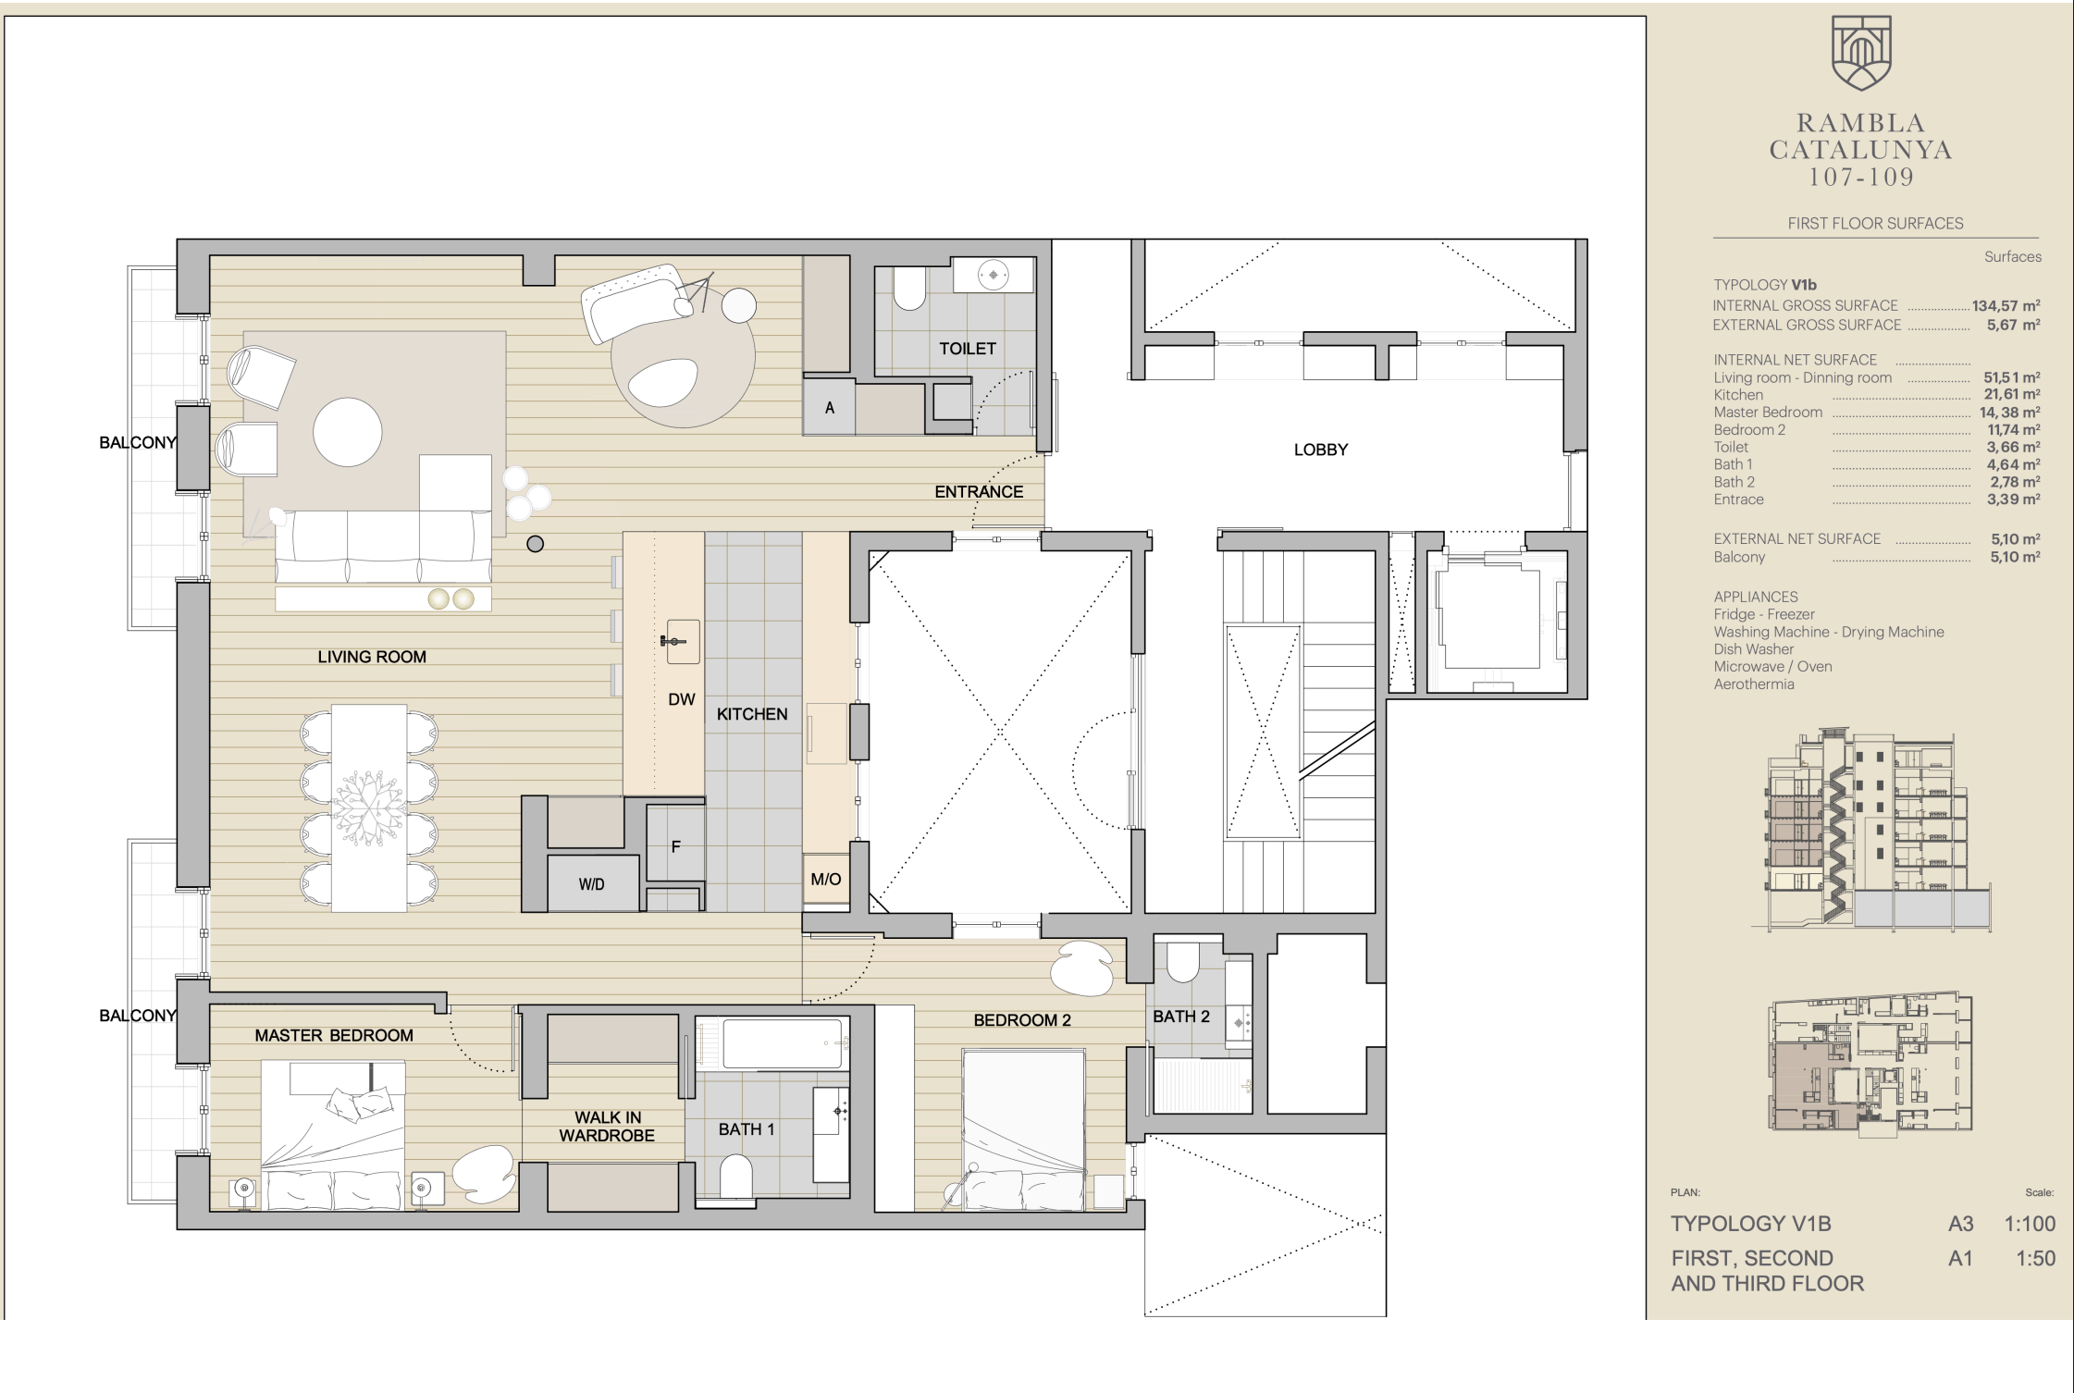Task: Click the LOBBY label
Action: coord(1320,450)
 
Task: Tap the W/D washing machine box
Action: coord(593,883)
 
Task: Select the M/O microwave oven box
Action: coord(826,879)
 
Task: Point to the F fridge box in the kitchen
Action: coord(675,844)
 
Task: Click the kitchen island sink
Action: coord(683,642)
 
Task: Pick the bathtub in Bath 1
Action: coord(784,1043)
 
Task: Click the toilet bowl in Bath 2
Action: coord(1182,963)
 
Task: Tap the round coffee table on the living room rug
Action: coord(347,432)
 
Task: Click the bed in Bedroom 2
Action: coord(1023,1129)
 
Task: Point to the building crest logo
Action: coord(1861,53)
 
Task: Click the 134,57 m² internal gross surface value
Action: coord(2006,306)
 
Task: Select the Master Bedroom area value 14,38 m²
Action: coord(2010,413)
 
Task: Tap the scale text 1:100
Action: coord(2030,1224)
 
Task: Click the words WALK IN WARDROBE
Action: coord(607,1127)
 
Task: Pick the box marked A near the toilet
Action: coord(829,407)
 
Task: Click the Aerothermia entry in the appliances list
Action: coord(1754,684)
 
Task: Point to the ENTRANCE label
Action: coord(979,492)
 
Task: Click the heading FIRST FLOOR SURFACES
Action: coord(1875,224)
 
